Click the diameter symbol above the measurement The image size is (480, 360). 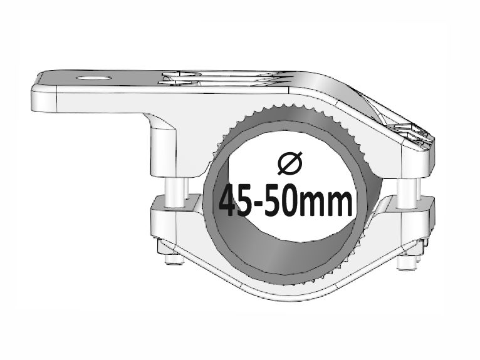(289, 163)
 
